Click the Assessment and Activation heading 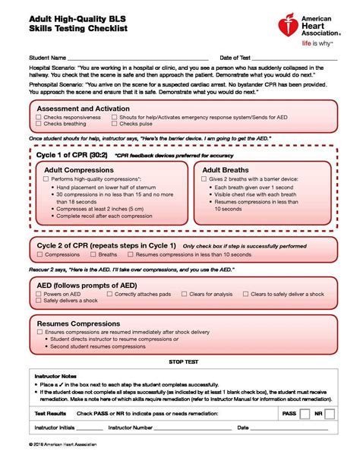click(84, 109)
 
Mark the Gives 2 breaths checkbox click(204, 178)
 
